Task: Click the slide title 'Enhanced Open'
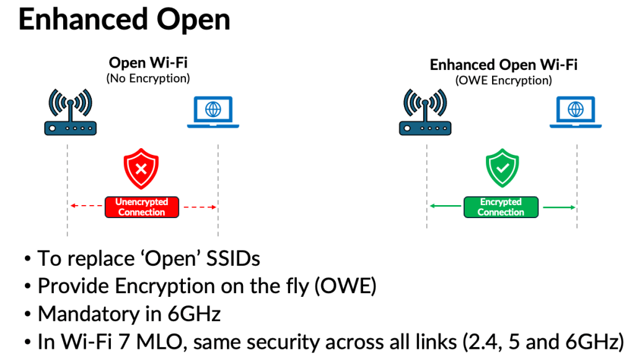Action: pos(124,20)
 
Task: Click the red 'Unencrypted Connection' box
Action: pos(141,207)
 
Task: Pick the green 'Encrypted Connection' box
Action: pos(501,207)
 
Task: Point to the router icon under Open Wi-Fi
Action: pos(70,113)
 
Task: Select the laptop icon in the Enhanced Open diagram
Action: pos(576,112)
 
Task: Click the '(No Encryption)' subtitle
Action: pos(148,79)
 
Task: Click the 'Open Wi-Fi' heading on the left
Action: pos(148,63)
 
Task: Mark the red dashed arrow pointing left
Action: pos(86,207)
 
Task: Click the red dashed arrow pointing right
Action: pos(198,207)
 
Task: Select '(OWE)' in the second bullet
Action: pos(354,286)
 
